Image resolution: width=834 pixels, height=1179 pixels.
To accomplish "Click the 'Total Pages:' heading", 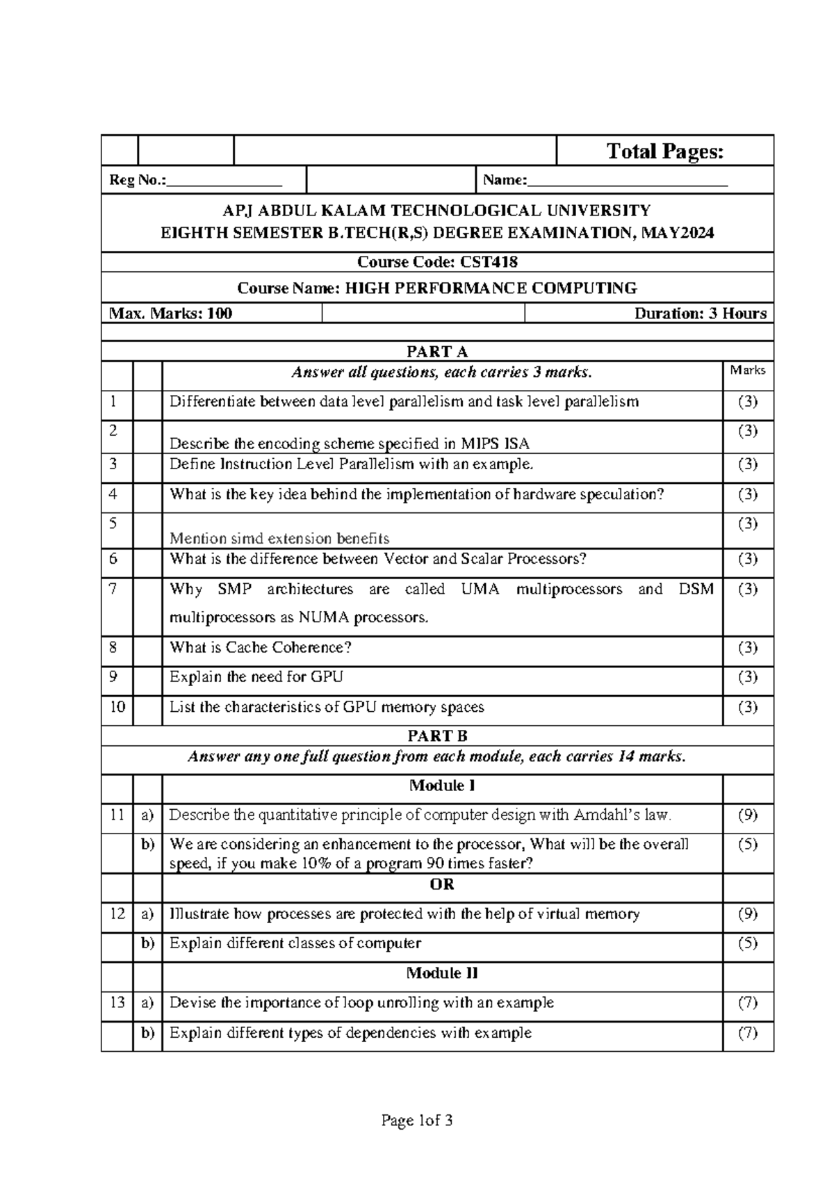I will point(664,152).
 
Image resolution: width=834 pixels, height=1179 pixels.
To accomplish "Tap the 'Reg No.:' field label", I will point(138,181).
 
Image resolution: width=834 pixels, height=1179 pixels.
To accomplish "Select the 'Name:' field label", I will point(505,181).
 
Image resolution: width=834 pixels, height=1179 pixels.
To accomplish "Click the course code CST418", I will point(494,262).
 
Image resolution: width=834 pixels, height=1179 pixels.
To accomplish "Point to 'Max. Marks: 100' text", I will point(171,314).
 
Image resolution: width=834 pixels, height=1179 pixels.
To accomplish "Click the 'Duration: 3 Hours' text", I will point(700,314).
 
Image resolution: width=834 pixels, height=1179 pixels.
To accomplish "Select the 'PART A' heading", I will point(437,352).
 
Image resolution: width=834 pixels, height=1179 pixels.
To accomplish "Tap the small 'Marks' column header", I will point(748,371).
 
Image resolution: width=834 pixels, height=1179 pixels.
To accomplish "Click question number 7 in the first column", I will point(114,589).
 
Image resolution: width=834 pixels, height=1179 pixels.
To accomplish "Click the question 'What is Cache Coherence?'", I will point(261,647).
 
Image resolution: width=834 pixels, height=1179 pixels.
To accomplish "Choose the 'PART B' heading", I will point(437,736).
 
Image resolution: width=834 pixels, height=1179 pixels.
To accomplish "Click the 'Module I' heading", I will point(442,786).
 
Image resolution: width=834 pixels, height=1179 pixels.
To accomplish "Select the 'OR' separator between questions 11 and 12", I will point(442,884).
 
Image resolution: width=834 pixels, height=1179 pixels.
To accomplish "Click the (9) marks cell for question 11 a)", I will point(748,815).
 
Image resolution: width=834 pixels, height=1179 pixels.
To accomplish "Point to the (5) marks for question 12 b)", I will point(748,943).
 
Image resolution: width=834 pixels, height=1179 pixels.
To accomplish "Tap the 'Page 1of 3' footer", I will point(417,1121).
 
